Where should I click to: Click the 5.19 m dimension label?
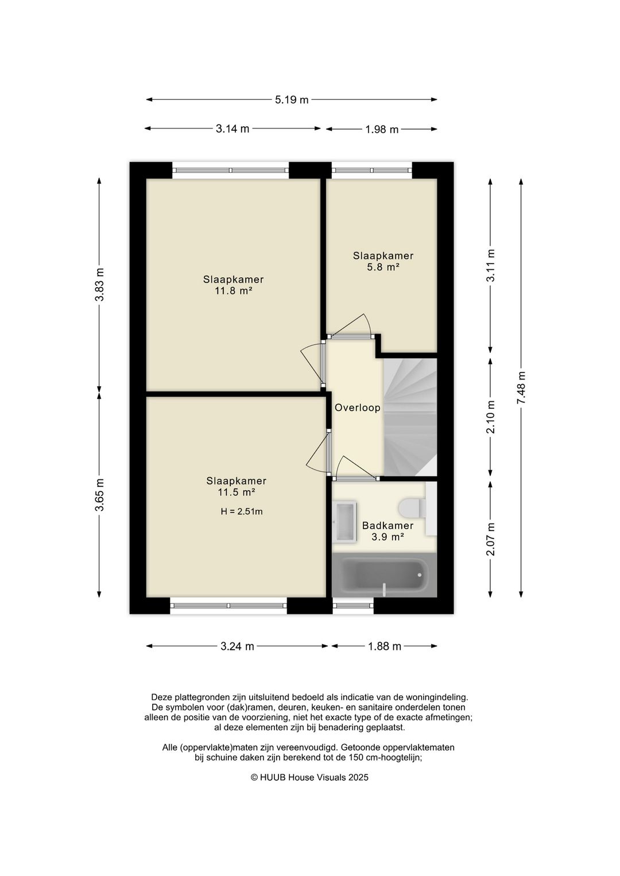[x=292, y=100]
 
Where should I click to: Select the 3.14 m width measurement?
[x=232, y=129]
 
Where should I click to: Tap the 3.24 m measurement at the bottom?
[x=237, y=646]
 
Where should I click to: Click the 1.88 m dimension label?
[x=384, y=646]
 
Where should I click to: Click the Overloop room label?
[x=357, y=408]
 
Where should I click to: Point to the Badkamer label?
[x=387, y=526]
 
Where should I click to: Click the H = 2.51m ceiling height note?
[x=241, y=511]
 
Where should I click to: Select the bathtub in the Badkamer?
[x=384, y=574]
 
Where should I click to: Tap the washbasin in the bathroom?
[x=344, y=521]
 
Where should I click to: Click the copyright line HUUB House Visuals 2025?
[x=309, y=777]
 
